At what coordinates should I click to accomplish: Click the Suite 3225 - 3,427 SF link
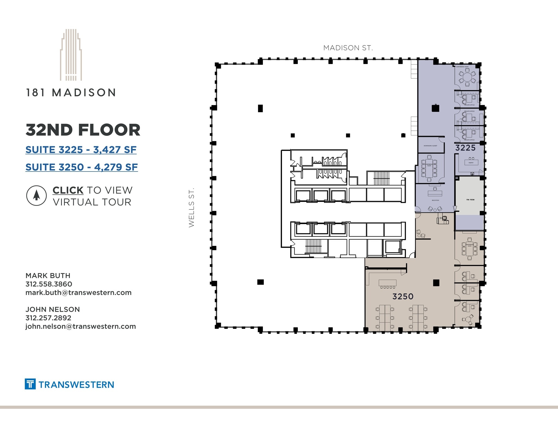[x=81, y=150]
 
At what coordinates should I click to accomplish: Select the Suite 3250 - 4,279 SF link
[x=81, y=167]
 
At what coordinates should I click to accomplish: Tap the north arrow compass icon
[x=36, y=195]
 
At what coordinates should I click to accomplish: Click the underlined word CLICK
[x=68, y=190]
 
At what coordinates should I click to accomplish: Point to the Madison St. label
[x=348, y=48]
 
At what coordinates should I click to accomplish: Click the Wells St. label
[x=192, y=207]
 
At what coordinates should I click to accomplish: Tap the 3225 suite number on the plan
[x=465, y=148]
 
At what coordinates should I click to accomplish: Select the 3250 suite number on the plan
[x=403, y=296]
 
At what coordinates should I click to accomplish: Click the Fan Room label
[x=470, y=200]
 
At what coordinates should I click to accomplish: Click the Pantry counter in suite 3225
[x=471, y=162]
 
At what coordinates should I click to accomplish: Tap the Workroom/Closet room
[x=430, y=145]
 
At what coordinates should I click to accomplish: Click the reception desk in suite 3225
[x=435, y=193]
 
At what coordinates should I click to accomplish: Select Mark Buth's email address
[x=78, y=293]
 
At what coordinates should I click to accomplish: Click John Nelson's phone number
[x=48, y=318]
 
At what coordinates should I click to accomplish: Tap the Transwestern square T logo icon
[x=30, y=384]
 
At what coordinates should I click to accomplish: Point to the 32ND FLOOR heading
[x=83, y=130]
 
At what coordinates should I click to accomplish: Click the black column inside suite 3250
[x=436, y=283]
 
